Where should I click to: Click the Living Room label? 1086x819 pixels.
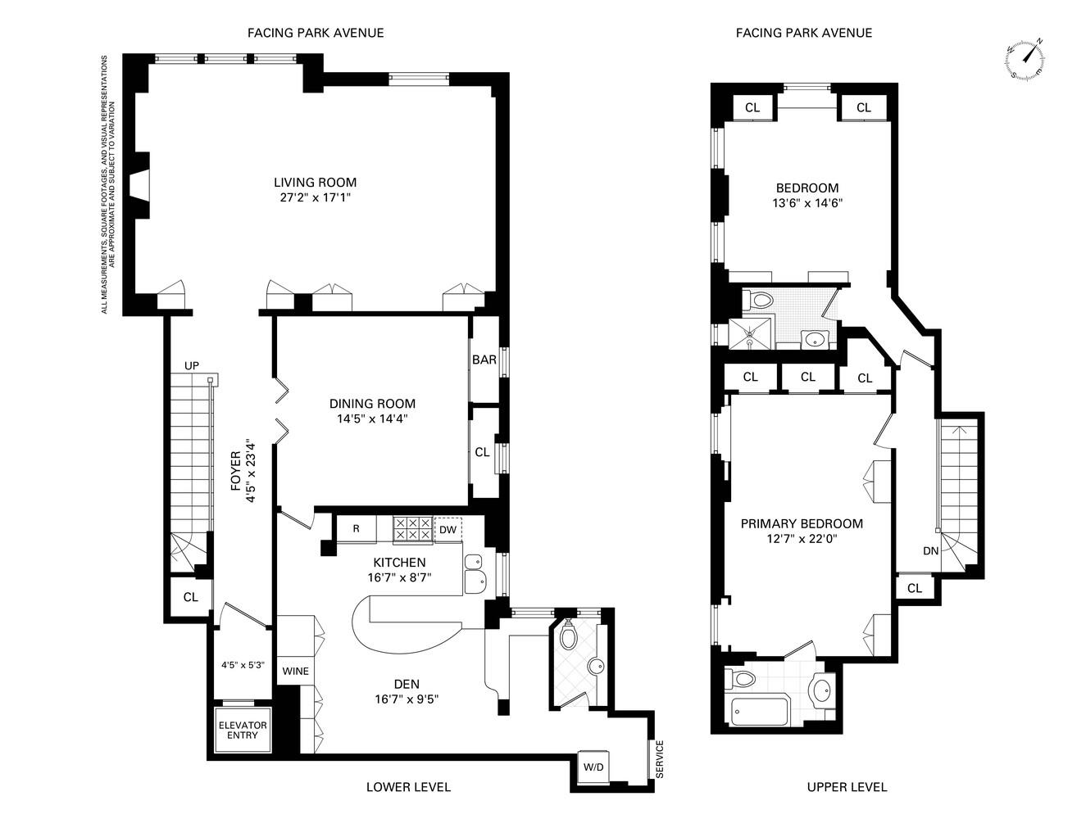click(x=315, y=182)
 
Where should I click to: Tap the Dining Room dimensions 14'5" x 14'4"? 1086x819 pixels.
click(x=372, y=419)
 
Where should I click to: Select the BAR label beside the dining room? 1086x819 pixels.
click(x=484, y=360)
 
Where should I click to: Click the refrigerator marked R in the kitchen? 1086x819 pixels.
click(x=357, y=528)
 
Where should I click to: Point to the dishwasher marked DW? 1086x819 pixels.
click(x=447, y=530)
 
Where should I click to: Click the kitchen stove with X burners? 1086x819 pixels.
click(x=412, y=528)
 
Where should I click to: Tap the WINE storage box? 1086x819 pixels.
click(x=295, y=671)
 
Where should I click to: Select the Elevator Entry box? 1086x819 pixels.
click(x=243, y=730)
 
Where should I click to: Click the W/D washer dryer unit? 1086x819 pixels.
click(x=593, y=767)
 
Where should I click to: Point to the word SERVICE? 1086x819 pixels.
click(x=660, y=759)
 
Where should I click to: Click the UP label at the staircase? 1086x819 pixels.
click(x=192, y=365)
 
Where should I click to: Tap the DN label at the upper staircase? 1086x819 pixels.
click(x=930, y=550)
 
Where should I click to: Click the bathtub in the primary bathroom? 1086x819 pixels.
click(x=759, y=713)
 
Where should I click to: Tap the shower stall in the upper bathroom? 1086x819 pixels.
click(x=750, y=333)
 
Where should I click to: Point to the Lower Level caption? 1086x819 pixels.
click(x=407, y=787)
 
